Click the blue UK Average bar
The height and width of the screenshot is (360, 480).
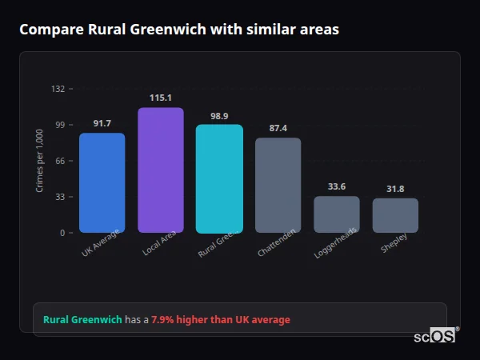(102, 182)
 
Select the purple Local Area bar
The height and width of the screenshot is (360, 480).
(160, 170)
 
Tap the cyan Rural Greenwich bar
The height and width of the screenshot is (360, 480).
(219, 178)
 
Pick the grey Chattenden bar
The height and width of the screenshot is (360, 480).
(278, 185)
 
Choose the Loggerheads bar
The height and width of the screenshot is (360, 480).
(337, 214)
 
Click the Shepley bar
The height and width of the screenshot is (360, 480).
(395, 215)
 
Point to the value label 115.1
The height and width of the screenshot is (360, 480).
(161, 98)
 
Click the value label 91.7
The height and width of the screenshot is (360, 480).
(102, 123)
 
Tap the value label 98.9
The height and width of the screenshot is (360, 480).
(219, 116)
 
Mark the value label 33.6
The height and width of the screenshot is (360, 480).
(337, 186)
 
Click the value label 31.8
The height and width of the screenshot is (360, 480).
(395, 189)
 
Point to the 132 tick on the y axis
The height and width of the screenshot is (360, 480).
(58, 89)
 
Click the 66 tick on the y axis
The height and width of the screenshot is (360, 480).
(60, 161)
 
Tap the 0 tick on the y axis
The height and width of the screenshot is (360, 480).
(62, 233)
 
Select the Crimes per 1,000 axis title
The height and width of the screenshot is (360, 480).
(40, 161)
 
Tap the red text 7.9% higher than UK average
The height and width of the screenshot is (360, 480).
(221, 320)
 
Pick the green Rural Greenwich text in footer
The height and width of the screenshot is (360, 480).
(82, 320)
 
